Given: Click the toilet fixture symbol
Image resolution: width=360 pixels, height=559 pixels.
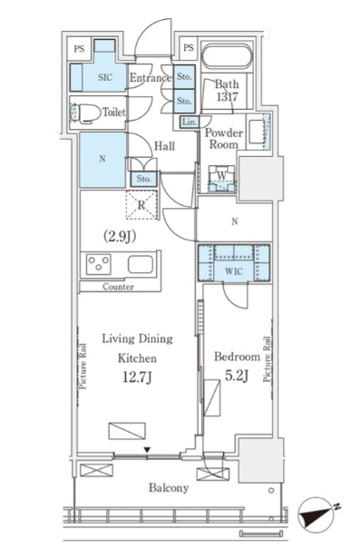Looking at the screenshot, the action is [x=85, y=113].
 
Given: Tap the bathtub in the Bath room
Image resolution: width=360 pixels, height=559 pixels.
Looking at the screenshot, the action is [x=227, y=56].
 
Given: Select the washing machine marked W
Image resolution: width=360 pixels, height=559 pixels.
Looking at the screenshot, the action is [x=222, y=179].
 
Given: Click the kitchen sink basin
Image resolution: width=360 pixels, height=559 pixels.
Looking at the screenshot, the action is [x=141, y=265].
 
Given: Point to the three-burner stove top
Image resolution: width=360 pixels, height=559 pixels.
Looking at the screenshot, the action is [x=99, y=265].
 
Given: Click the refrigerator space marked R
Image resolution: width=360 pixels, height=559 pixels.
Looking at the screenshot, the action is [x=141, y=205].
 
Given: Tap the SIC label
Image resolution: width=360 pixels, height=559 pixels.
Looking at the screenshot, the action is [x=105, y=77].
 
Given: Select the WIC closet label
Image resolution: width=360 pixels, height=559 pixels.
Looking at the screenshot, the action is [x=234, y=271].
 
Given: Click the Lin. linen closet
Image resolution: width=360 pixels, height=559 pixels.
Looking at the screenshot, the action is [x=190, y=123].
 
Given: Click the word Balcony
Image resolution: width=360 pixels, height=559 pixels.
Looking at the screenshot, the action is [x=169, y=487].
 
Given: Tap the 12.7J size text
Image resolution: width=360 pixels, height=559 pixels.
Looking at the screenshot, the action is [x=138, y=377].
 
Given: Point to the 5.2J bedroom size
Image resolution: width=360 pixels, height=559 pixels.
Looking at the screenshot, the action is [x=237, y=376].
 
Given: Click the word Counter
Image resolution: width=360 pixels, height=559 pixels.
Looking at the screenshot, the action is [x=118, y=287].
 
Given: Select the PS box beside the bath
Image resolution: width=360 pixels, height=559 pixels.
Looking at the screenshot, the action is [x=189, y=47].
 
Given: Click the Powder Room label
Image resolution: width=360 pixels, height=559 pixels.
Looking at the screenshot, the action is [x=224, y=139].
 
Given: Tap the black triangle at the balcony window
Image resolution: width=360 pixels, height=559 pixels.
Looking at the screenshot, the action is [x=146, y=451].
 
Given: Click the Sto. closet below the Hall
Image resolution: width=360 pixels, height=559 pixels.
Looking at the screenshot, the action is [x=143, y=180].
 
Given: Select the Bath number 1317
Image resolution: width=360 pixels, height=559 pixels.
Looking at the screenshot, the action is [x=227, y=96].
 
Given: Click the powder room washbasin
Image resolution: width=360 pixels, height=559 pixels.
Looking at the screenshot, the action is [x=258, y=131].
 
